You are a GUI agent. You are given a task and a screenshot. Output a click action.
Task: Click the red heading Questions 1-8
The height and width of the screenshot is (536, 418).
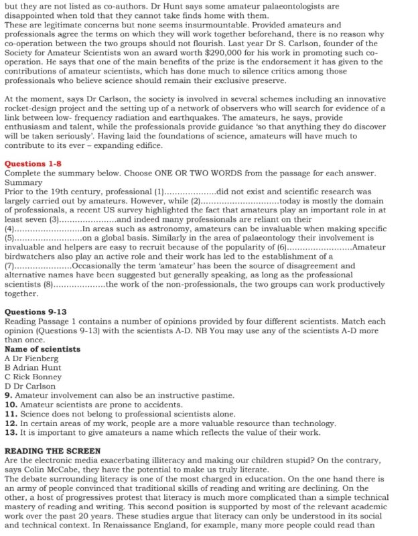tap(33, 163)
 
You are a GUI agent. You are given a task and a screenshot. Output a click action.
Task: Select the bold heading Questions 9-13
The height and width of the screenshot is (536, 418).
tap(36, 312)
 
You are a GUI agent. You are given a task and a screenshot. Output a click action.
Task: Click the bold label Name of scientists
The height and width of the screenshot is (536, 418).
tap(42, 349)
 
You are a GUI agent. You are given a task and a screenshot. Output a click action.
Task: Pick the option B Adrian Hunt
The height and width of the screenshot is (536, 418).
tap(32, 368)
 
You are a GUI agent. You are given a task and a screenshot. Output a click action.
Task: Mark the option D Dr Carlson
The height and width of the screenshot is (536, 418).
tap(30, 386)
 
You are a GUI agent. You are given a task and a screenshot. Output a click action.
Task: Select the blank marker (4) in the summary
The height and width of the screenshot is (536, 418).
tap(10, 228)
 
